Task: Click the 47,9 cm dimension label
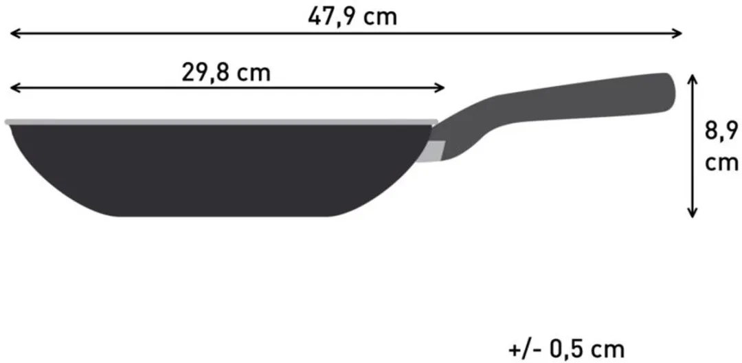352,17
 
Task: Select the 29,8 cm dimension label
226,73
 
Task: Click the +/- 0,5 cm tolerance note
566,350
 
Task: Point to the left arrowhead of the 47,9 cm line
15,34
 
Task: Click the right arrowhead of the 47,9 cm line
677,34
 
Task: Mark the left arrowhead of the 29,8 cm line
15,87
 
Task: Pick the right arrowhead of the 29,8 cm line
439,87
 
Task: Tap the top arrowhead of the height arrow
693,79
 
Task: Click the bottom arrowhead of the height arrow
693,212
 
